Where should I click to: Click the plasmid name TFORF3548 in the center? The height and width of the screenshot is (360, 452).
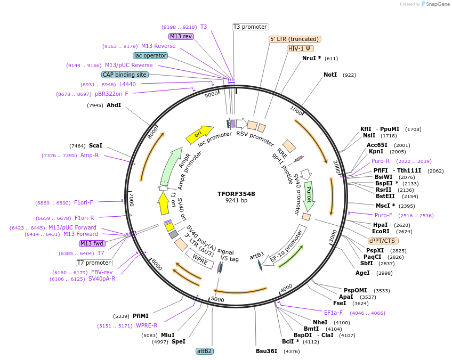236,194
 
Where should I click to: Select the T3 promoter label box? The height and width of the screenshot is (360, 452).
251,27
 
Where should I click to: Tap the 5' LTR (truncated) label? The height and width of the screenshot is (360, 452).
295,39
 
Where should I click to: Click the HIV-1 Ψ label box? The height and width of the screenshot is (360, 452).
300,48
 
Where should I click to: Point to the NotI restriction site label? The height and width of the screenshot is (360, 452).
330,75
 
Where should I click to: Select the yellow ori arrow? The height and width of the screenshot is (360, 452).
199,134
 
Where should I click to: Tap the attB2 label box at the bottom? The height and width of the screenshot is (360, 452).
205,351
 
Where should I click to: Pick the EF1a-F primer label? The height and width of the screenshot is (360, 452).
333,313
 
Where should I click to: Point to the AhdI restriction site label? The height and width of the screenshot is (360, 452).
114,105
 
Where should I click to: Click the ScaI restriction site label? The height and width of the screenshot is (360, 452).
96,145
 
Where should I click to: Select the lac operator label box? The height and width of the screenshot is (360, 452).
150,55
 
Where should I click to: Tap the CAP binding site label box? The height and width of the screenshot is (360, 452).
124,75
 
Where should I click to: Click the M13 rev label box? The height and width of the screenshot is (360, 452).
181,36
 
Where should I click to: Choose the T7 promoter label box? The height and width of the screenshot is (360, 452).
94,263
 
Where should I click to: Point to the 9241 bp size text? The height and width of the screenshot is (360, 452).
236,201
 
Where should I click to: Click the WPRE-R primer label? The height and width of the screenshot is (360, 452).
147,325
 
